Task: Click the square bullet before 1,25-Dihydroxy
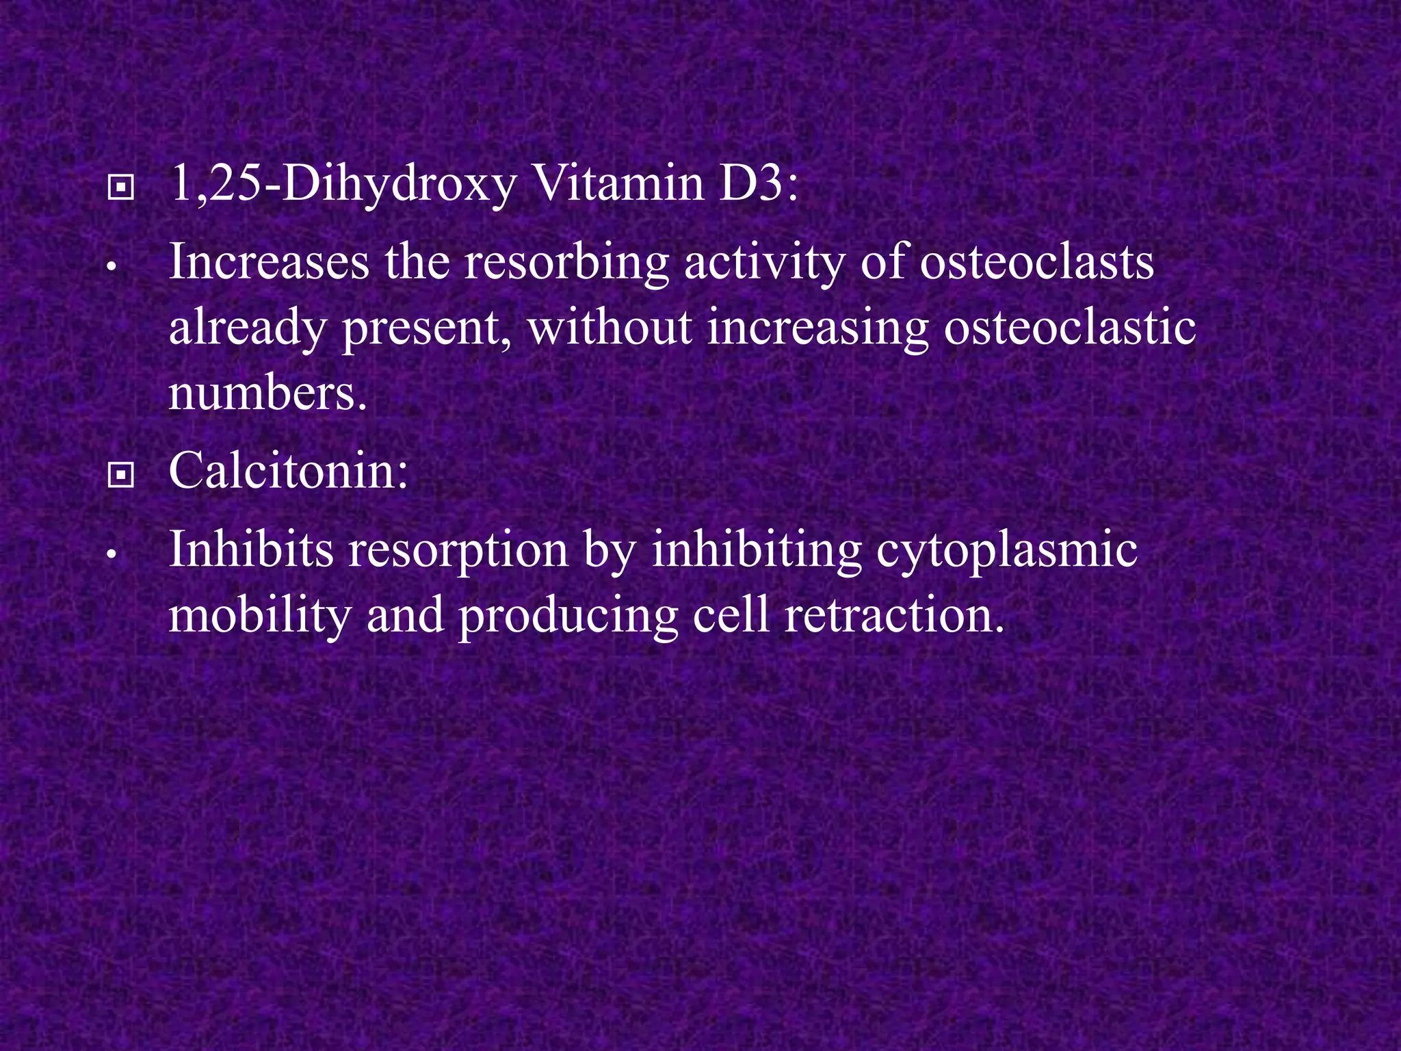[120, 187]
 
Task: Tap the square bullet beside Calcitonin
[120, 476]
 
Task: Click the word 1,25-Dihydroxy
[342, 185]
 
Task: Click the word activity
[764, 263]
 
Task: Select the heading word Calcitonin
[288, 471]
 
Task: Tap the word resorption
[458, 550]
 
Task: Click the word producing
[568, 616]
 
